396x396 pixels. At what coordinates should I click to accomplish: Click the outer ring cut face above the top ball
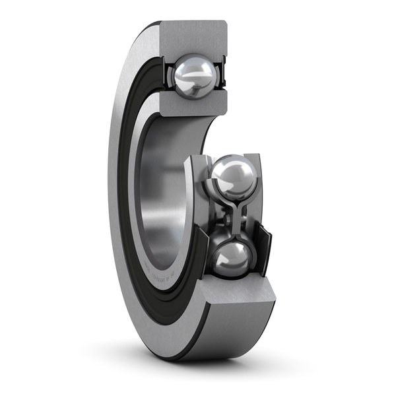[x=193, y=37]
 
